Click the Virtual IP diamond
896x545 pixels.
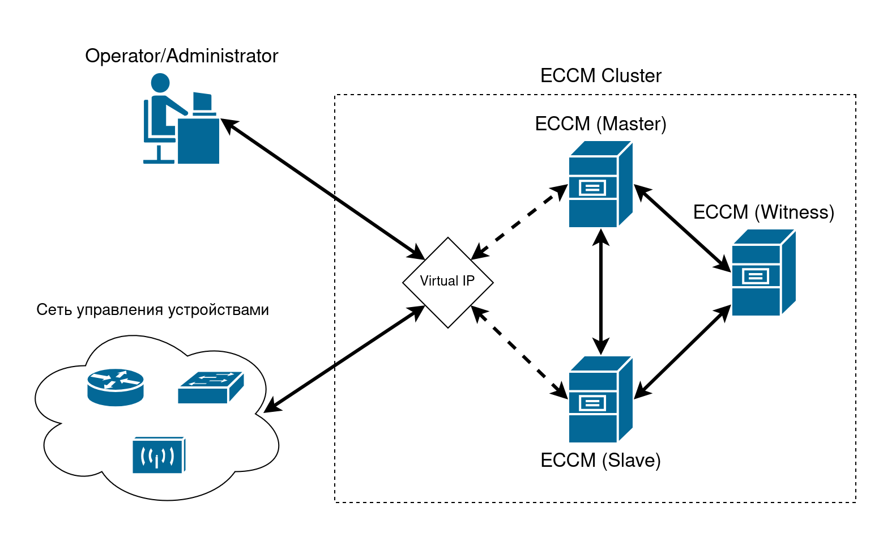click(447, 282)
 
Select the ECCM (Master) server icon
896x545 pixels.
click(600, 185)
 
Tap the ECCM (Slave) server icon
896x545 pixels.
click(600, 399)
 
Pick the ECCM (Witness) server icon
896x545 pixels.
click(763, 273)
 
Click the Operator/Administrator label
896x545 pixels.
click(181, 56)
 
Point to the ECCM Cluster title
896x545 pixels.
click(600, 76)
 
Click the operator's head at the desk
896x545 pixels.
click(160, 83)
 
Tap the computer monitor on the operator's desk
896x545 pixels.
click(202, 102)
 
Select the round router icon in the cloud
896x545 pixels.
click(116, 387)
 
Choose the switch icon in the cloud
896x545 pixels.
click(210, 388)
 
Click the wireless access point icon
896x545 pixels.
click(159, 455)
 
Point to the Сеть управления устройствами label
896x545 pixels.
click(152, 310)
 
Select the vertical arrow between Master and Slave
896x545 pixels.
click(600, 292)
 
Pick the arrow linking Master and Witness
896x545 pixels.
click(682, 228)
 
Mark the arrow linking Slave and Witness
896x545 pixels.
click(682, 351)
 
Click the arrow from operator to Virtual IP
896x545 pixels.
click(323, 190)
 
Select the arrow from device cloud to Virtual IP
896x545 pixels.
click(344, 359)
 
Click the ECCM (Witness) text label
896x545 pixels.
click(763, 212)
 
